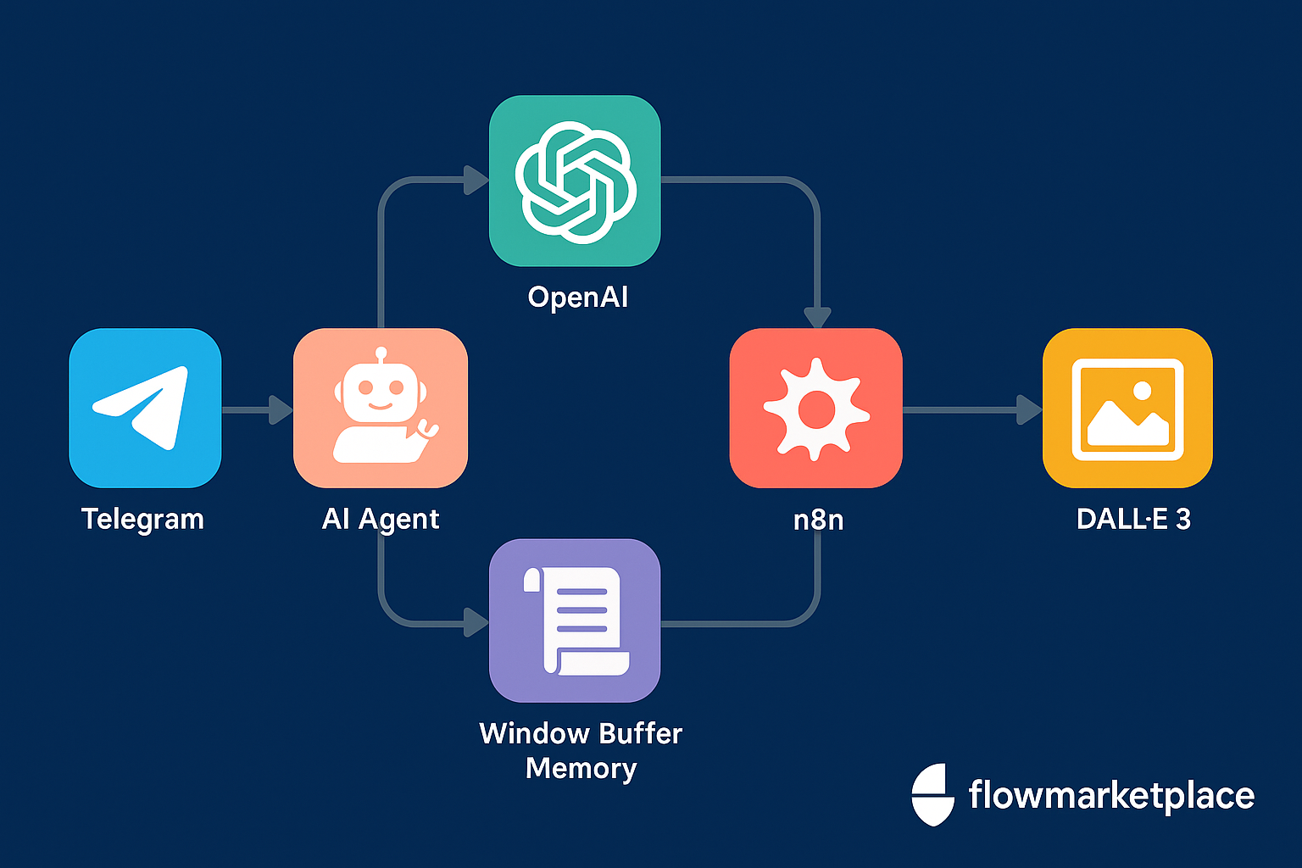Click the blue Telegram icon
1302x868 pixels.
145,408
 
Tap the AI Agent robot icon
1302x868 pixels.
381,408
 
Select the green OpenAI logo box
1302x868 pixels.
575,181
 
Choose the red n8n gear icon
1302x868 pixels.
815,408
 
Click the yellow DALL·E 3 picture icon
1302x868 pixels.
1127,408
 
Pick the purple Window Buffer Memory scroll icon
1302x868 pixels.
575,620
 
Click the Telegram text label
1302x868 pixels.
142,519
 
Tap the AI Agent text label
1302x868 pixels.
381,519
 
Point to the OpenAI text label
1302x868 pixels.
578,298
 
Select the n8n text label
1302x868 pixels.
818,519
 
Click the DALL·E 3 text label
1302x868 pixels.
1133,519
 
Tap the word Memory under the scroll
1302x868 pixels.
581,768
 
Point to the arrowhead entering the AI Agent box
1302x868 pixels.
281,410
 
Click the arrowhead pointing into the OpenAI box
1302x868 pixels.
476,180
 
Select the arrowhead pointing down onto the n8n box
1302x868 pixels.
817,317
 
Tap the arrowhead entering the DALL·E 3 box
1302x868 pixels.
1029,410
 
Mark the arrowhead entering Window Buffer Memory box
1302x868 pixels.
476,623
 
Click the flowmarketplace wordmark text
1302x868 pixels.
1110,795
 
